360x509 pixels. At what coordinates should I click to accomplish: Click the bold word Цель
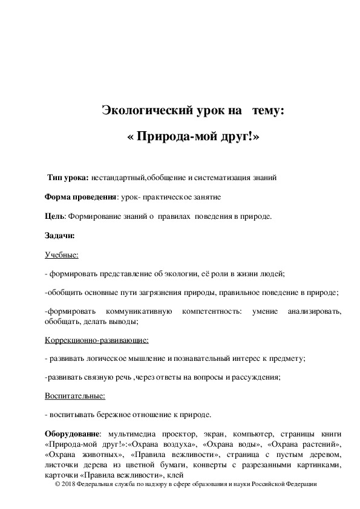(54, 216)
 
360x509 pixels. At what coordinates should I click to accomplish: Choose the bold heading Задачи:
(59, 236)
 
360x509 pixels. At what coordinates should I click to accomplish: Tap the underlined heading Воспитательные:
(75, 396)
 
